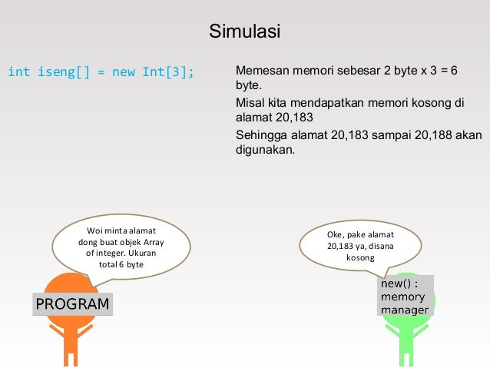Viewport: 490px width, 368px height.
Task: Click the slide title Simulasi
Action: [245, 33]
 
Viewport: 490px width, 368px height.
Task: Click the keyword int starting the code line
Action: [18, 72]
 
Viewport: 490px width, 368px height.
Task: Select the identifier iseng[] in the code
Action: [65, 72]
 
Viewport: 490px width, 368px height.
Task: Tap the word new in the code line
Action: [123, 72]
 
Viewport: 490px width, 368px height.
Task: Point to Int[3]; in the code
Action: [168, 72]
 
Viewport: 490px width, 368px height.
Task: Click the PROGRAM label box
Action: [73, 304]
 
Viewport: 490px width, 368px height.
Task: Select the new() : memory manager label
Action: [405, 297]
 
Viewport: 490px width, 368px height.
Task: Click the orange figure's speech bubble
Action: [121, 247]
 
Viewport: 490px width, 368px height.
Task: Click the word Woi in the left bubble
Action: [95, 230]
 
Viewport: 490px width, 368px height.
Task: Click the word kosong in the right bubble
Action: [360, 258]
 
